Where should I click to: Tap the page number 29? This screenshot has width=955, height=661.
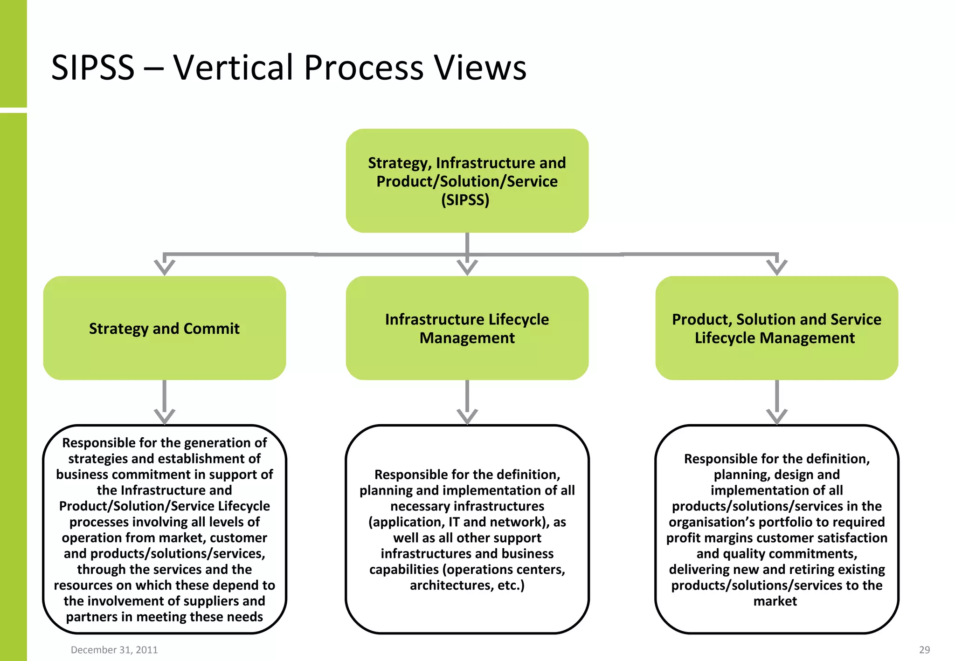tap(924, 650)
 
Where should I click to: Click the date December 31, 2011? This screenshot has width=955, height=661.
tap(114, 650)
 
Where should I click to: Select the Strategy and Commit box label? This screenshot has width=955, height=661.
tap(164, 329)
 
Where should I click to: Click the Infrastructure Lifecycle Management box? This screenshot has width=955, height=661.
tap(467, 328)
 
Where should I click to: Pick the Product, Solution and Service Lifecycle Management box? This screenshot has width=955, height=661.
tap(776, 328)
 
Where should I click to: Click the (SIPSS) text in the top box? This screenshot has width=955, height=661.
tap(465, 200)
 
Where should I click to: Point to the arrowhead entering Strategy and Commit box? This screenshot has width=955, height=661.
tap(164, 268)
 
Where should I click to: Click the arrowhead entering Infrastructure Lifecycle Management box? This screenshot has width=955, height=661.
tap(467, 268)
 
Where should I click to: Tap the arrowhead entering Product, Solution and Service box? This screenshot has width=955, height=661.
tap(777, 268)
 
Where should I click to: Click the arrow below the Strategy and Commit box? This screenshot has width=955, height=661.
tap(164, 403)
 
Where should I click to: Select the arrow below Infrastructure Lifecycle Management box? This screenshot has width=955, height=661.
tap(467, 403)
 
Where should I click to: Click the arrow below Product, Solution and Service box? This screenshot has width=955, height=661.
tap(777, 403)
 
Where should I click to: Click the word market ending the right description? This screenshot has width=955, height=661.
tap(775, 601)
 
